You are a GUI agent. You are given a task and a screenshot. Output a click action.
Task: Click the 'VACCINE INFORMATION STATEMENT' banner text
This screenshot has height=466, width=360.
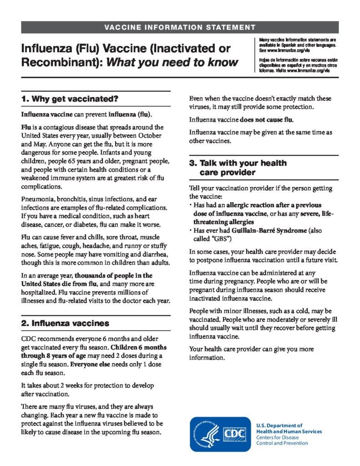[180, 27]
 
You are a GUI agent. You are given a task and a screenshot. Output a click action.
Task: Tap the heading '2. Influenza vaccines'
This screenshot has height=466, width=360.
[65, 324]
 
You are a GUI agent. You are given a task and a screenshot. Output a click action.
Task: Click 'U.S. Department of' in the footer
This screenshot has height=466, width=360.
[279, 425]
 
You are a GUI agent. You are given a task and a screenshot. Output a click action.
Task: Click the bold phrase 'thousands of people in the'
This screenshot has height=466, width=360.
[113, 276]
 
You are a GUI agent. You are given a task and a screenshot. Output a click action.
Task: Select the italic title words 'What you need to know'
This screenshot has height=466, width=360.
[172, 62]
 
